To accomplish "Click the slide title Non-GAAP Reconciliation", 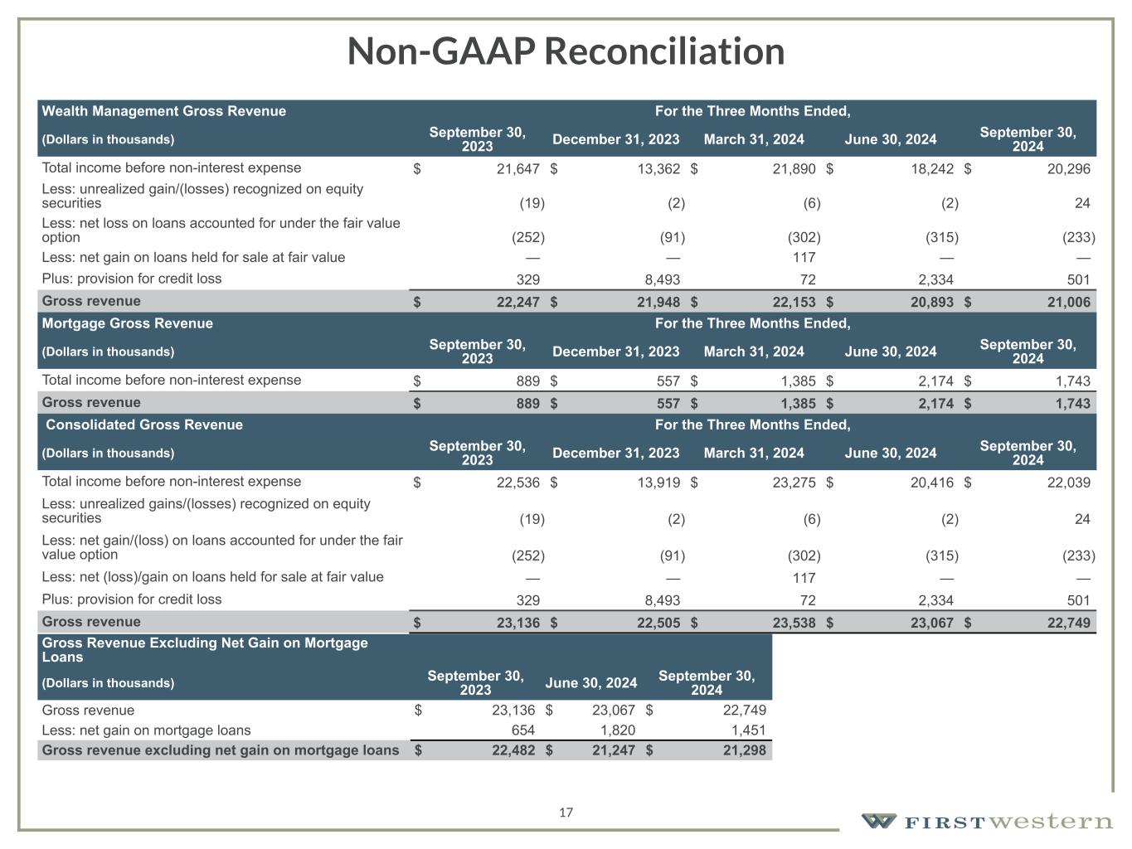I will pyautogui.click(x=566, y=51).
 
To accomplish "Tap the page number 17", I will pyautogui.click(x=566, y=813).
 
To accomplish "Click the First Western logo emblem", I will pyautogui.click(x=878, y=821).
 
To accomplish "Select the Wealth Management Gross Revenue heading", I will pyautogui.click(x=164, y=111).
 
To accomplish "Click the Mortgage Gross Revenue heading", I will pyautogui.click(x=128, y=323).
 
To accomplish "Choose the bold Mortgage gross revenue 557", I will pyautogui.click(x=664, y=403).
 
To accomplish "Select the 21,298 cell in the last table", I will pyautogui.click(x=744, y=750).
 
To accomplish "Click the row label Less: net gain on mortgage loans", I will pyautogui.click(x=146, y=730).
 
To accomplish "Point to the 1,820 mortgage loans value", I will pyautogui.click(x=617, y=730).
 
